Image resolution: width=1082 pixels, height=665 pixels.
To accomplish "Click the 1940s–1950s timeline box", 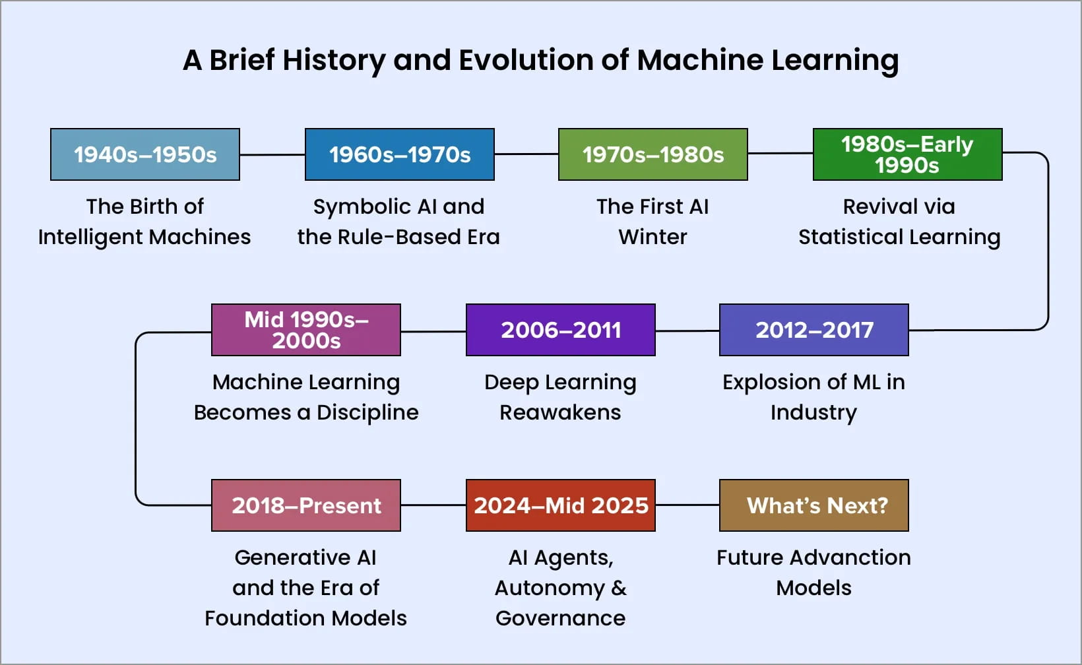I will pos(145,154).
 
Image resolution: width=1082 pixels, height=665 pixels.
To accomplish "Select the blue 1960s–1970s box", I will pos(399,154).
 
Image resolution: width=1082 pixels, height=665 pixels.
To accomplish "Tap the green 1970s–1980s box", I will pos(652,154).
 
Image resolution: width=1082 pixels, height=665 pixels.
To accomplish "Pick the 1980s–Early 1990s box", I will pos(907,154).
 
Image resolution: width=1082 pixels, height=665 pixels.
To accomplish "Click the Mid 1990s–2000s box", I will pos(306,330).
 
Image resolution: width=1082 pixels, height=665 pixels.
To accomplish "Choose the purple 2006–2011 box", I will pos(560,330).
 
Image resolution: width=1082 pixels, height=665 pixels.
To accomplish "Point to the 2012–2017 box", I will pos(813,330).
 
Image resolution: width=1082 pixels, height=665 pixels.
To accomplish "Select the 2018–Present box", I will pos(306,505).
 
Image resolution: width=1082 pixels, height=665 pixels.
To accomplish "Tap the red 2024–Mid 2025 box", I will pos(560,505).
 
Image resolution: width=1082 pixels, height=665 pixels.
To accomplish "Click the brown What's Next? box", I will pos(813,505).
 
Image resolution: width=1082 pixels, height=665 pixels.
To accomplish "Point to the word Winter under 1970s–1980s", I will pos(652,237).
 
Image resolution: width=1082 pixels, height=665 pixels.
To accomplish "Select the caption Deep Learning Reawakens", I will pos(560,397).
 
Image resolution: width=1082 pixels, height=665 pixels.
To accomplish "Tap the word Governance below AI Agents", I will pos(560,618).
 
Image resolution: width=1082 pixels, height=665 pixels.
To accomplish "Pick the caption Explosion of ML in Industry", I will pos(813,397).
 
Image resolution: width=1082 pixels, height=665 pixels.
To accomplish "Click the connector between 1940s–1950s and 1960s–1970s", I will pos(272,154).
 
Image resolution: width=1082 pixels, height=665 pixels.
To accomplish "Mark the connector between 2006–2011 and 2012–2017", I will pos(687,330).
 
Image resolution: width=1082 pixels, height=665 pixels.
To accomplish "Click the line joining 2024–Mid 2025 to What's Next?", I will pos(687,505).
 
